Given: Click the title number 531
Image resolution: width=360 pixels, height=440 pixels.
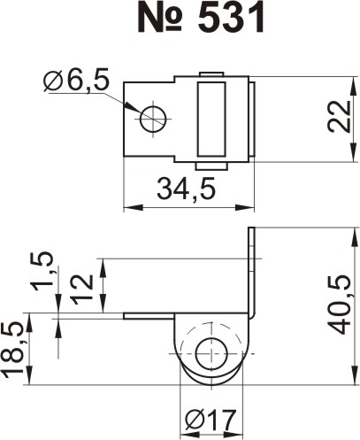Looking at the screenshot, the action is [x=231, y=18].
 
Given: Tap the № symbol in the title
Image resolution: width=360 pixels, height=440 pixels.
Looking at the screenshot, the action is [x=160, y=18].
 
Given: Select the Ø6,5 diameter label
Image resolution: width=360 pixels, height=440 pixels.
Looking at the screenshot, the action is [x=76, y=80].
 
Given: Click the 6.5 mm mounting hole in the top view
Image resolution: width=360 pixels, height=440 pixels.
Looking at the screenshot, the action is [x=153, y=120].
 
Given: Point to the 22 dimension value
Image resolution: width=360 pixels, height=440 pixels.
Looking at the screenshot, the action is [x=339, y=117].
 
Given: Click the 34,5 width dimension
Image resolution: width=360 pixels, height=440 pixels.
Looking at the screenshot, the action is [x=187, y=188].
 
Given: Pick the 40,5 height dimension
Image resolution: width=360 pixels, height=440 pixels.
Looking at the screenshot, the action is [x=339, y=305].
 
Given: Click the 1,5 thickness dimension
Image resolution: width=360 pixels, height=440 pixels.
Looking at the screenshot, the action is [x=42, y=271].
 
